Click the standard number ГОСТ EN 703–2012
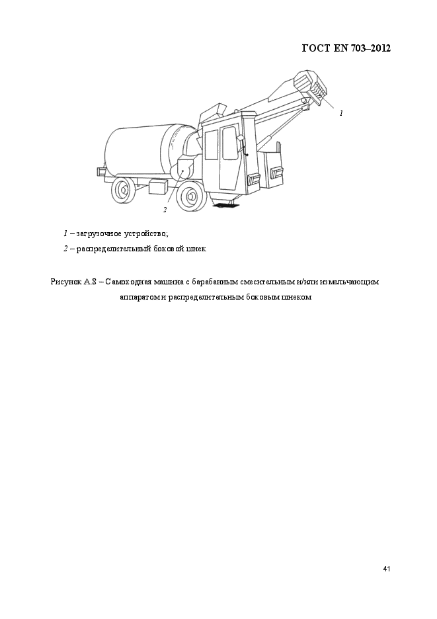[x=346, y=48]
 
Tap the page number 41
[x=387, y=569]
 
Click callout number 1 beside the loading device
[x=341, y=114]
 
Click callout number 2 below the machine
[x=165, y=210]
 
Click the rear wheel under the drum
[x=122, y=190]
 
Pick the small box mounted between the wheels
[x=159, y=186]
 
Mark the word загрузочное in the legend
[x=99, y=233]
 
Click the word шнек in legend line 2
[x=196, y=249]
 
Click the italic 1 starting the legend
[x=65, y=233]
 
